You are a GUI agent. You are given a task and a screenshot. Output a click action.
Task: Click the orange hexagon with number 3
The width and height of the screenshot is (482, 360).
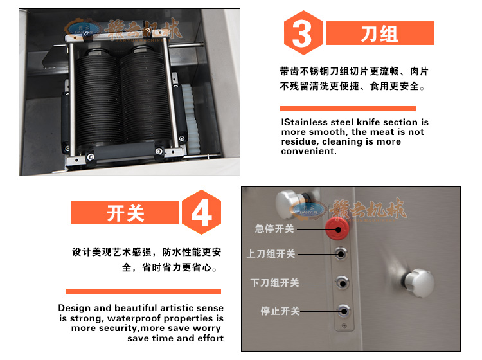coord(303,33)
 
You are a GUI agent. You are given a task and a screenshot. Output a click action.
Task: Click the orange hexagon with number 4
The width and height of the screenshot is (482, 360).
coord(201,212)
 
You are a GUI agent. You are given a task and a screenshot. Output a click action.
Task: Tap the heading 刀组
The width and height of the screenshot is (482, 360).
coord(380,33)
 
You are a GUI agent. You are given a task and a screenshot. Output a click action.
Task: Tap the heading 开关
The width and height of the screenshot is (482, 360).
coord(125,213)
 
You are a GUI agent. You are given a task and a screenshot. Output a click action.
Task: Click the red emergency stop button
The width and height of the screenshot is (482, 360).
coord(337,228)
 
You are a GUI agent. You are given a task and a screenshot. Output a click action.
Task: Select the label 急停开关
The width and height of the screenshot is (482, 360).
coord(274,229)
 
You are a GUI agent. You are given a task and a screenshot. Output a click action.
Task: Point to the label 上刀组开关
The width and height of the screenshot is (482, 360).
coord(271,254)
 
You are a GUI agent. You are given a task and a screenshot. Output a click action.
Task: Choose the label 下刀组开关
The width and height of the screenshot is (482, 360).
coord(274,283)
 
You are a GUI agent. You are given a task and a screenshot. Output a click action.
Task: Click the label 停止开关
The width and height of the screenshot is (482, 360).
coord(280,311)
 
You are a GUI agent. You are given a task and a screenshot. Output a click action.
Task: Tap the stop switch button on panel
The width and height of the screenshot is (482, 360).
coord(343,311)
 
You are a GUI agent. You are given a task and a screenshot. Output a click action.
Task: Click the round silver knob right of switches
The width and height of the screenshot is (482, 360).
coord(418,283)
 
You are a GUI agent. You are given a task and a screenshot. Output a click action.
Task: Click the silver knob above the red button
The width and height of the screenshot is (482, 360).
coord(289,204)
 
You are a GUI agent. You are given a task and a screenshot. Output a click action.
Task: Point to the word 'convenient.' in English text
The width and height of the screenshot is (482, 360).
coord(308,151)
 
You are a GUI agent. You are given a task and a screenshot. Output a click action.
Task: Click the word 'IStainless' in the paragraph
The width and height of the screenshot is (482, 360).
coord(305,122)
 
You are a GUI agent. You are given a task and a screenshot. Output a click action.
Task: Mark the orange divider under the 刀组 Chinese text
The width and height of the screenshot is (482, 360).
coord(348,109)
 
